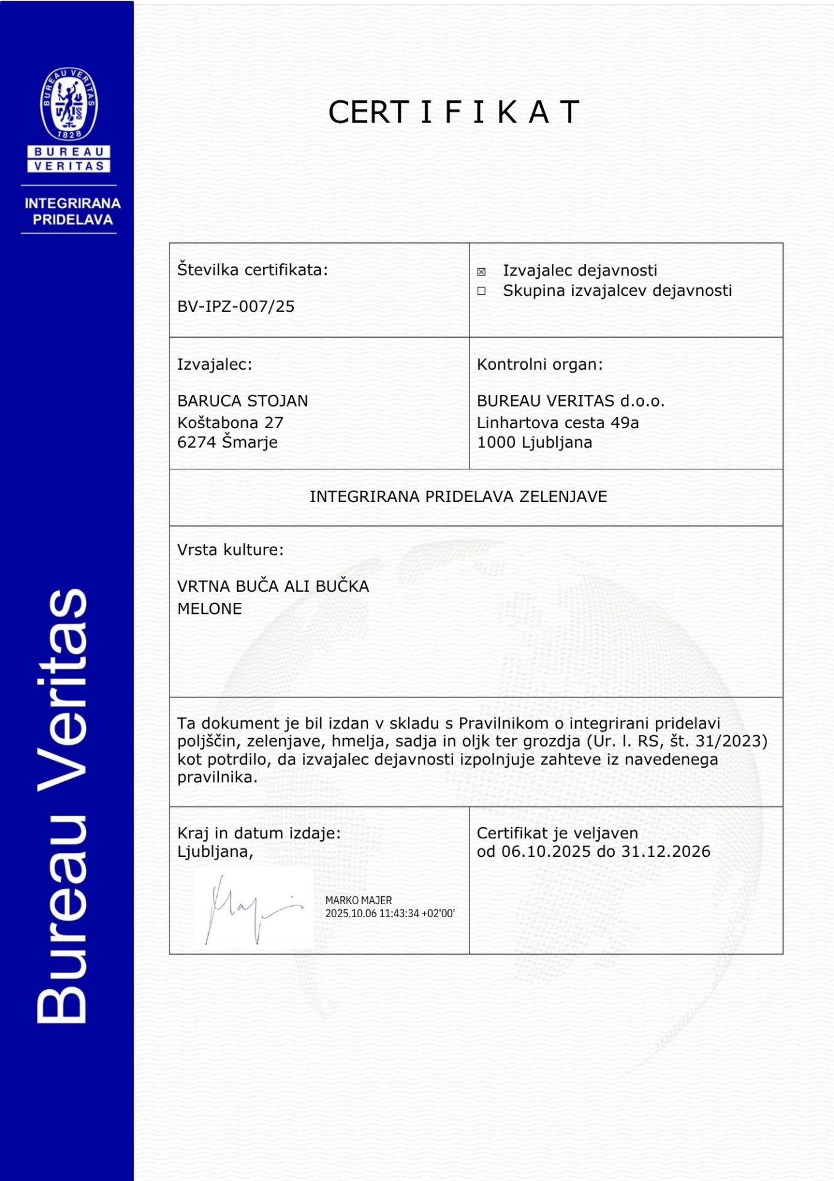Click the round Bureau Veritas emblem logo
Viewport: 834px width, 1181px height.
69,103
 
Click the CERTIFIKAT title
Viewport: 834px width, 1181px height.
454,112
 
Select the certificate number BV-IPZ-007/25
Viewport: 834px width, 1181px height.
235,306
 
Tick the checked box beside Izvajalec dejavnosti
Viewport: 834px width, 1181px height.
481,272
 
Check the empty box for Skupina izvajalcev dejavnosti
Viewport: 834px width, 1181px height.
481,291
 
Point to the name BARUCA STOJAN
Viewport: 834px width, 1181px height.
242,401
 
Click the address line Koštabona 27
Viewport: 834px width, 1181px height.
230,423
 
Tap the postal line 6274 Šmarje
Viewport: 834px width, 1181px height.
227,442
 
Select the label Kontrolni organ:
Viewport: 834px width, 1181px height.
539,365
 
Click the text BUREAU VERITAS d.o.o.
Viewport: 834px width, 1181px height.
570,401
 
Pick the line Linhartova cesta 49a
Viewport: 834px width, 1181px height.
557,423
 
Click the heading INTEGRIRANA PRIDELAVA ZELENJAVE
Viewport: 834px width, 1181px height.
458,496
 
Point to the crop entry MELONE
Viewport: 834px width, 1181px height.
209,609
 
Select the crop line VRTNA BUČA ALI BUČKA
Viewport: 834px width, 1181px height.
273,586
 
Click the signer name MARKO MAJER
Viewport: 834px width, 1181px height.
358,900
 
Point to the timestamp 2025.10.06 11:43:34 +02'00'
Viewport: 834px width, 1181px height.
390,913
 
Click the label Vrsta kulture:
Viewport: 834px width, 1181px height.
230,550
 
